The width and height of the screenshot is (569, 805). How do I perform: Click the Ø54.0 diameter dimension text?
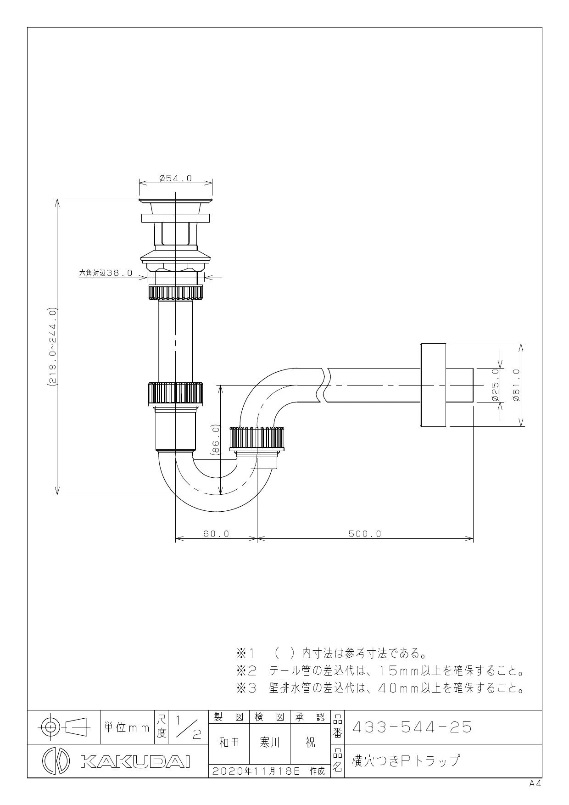pos(175,178)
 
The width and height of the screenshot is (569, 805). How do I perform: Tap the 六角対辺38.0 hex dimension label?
pos(106,273)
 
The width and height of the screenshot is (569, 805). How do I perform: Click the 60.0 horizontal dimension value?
pos(216,534)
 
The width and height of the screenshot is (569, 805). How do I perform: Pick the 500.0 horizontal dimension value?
pos(365,534)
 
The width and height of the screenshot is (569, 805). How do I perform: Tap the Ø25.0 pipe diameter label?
pos(495,385)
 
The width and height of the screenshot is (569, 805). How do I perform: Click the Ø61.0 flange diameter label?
pos(516,385)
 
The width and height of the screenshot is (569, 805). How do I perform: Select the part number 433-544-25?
pos(412,727)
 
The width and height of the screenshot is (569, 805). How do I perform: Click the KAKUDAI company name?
pos(135,760)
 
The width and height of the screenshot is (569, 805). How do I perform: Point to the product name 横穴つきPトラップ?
pos(405,760)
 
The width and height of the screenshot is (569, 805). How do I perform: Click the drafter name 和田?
pos(229,742)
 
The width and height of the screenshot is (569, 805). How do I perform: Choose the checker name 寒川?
pos(270,742)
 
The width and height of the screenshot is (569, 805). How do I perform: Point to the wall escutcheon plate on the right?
pos(433,385)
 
